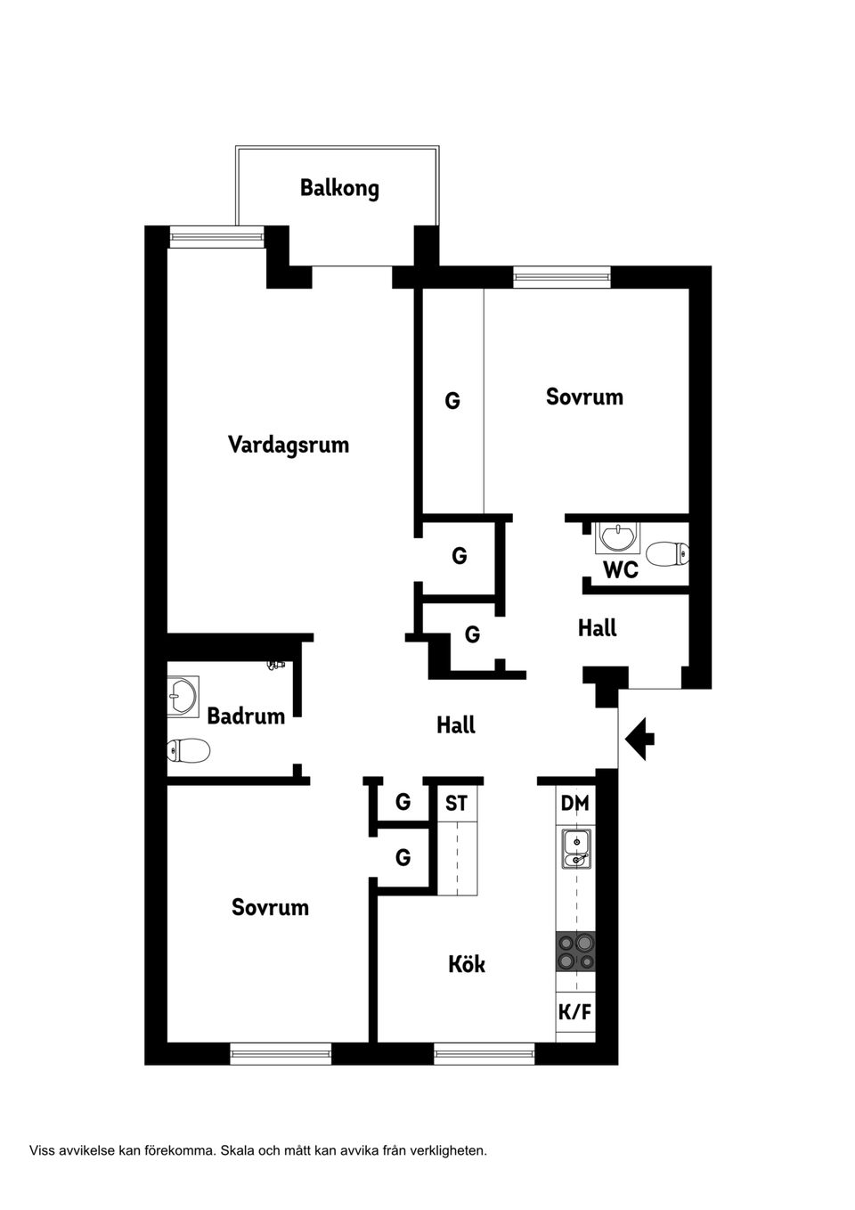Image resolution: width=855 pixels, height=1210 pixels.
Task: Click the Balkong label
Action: click(339, 188)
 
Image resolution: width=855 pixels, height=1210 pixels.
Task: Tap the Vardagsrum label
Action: click(288, 444)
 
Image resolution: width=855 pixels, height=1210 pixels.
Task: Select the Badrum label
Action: click(246, 715)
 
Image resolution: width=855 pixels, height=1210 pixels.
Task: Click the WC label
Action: click(621, 569)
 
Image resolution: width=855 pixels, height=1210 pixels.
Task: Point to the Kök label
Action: click(467, 964)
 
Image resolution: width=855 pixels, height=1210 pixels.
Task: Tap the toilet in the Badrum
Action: click(189, 750)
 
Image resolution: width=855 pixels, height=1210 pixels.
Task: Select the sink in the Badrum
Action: click(183, 697)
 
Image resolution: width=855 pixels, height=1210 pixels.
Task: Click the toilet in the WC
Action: click(667, 554)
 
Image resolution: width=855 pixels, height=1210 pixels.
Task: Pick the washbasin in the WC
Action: click(617, 537)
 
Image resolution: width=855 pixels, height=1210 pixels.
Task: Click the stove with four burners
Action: click(575, 951)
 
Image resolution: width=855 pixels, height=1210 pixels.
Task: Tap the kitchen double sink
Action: click(576, 848)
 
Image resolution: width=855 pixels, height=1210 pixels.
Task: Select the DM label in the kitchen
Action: click(575, 803)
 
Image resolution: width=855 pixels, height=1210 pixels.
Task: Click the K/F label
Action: click(574, 1012)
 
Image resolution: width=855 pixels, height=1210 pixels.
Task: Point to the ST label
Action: click(456, 803)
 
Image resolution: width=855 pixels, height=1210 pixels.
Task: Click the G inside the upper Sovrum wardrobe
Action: click(452, 401)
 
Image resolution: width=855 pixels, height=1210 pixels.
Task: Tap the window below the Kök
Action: click(484, 1054)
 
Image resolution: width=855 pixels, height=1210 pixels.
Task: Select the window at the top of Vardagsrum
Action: click(217, 236)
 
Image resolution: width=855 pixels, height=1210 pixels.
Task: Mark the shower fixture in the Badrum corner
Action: click(277, 665)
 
